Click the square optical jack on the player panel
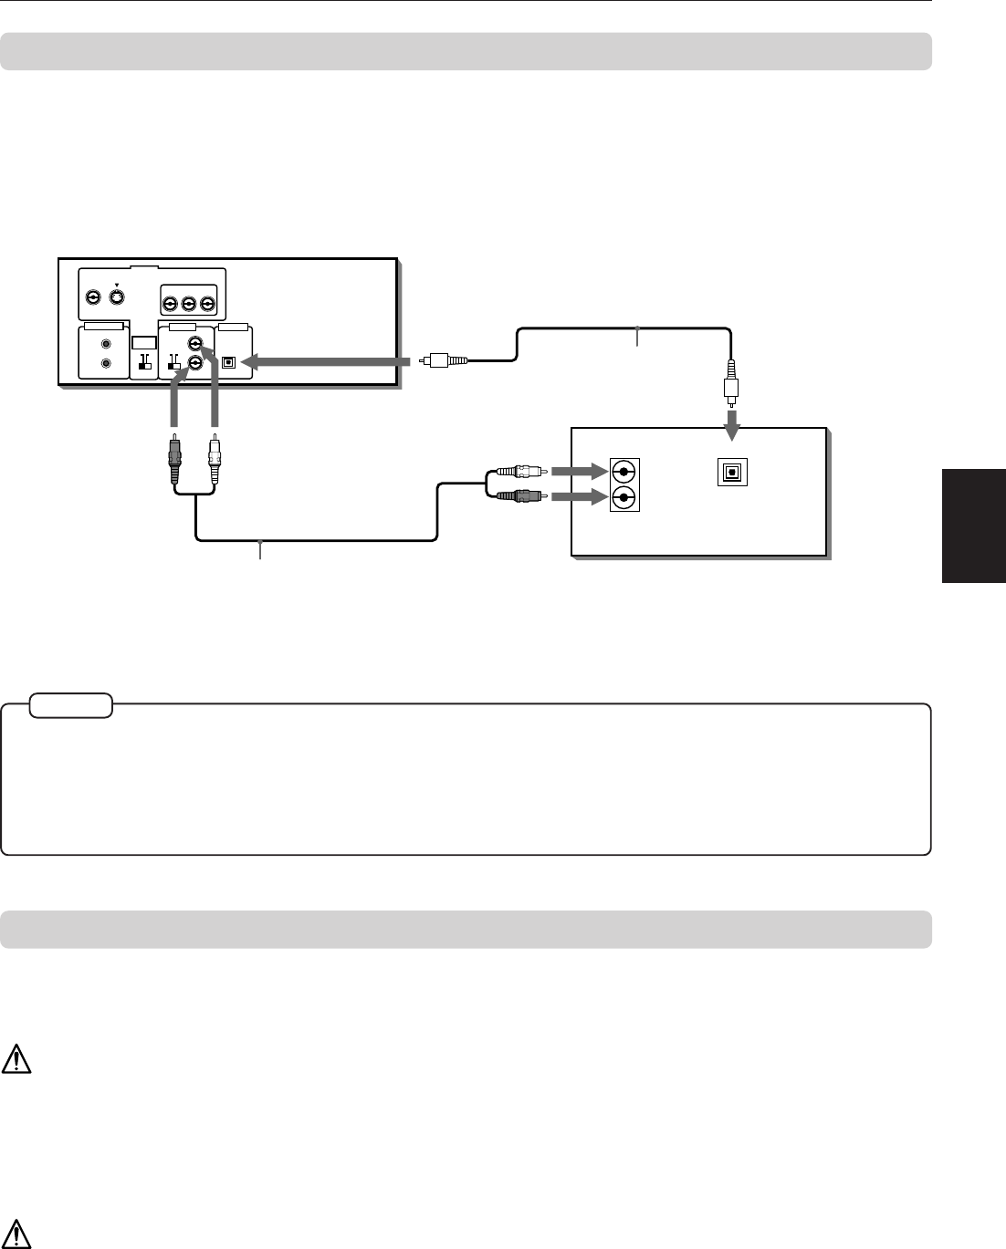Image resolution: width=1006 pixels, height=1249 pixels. pos(229,362)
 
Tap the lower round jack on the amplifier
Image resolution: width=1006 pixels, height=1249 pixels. pos(624,497)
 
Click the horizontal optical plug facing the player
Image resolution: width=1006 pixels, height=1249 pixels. pos(443,361)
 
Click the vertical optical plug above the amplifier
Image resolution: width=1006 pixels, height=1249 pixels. pos(730,381)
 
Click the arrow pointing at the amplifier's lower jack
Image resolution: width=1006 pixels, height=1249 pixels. pos(579,497)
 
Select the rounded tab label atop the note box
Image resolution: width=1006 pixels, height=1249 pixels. pos(71,705)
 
